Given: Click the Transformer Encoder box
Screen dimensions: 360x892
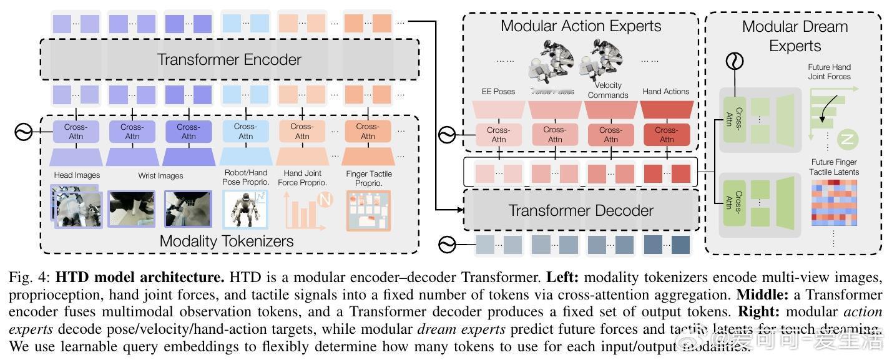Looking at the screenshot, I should coord(229,60).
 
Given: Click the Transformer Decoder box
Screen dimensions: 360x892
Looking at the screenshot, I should coord(581,210).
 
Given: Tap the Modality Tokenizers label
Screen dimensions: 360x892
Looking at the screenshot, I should coord(227,241).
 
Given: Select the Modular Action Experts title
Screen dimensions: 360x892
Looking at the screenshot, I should coord(581,26).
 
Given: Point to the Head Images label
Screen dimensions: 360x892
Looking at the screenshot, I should coord(77,175).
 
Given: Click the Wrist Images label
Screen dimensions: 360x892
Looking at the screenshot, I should coord(160,176).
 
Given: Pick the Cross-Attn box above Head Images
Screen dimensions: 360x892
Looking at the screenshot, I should coord(76,132).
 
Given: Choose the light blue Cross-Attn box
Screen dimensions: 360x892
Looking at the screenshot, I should coord(245,132).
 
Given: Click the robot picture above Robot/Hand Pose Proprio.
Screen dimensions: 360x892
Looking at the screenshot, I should coord(245,209).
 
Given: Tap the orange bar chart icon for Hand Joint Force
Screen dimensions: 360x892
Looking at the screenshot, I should coord(302,210).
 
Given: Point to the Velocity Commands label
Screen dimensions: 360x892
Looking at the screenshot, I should coord(608,90).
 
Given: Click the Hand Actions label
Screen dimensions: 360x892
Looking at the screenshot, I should coord(665,91).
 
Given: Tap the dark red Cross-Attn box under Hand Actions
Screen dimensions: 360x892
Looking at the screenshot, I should coord(666,135).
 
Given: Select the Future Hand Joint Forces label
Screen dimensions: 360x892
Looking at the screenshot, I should coord(829,72).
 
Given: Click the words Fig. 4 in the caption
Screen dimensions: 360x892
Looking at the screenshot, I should coord(27,276).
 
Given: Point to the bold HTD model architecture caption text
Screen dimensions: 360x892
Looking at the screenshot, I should coord(140,276).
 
